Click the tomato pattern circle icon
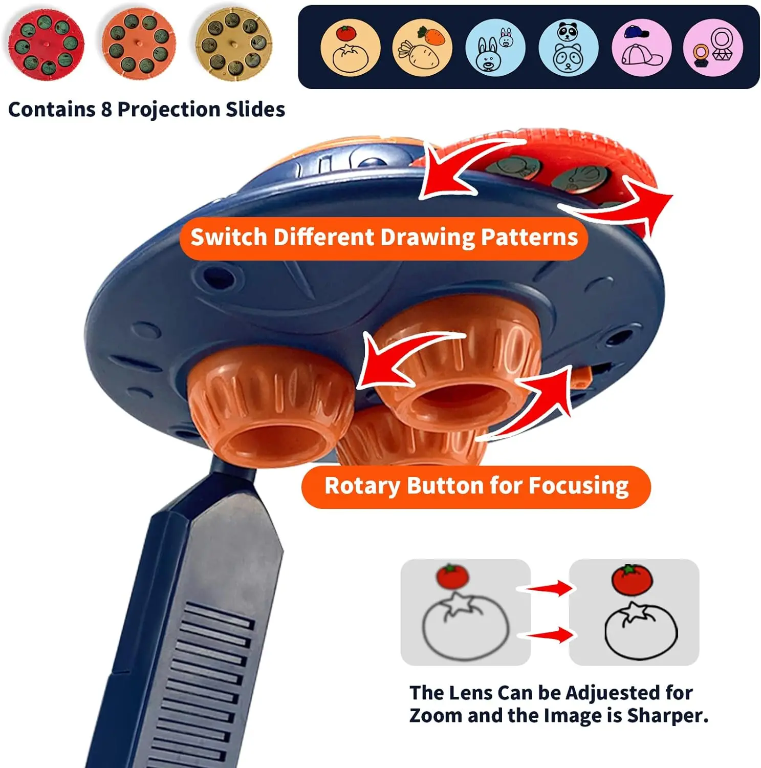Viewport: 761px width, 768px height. (350, 47)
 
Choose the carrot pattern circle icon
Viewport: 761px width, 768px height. (423, 47)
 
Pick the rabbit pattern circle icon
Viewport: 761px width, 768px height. (495, 47)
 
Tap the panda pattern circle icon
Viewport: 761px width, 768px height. (568, 47)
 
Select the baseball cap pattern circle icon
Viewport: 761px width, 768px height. (641, 47)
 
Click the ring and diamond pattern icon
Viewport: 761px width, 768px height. (713, 47)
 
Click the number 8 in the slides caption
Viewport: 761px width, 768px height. (106, 110)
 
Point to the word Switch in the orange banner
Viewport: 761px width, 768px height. (229, 238)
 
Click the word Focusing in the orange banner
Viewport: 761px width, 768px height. (578, 486)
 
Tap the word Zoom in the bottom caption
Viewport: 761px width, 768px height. (436, 715)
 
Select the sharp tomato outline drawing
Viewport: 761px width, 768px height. (641, 631)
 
